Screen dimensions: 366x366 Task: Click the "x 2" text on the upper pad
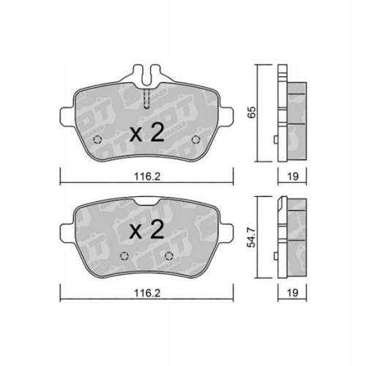pos(146,133)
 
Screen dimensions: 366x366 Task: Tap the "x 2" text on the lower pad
pos(146,232)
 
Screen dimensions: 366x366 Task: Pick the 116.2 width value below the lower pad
pos(147,289)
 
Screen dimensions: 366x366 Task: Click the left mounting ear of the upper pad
pos(65,117)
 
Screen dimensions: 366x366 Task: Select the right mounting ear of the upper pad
pos(229,117)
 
